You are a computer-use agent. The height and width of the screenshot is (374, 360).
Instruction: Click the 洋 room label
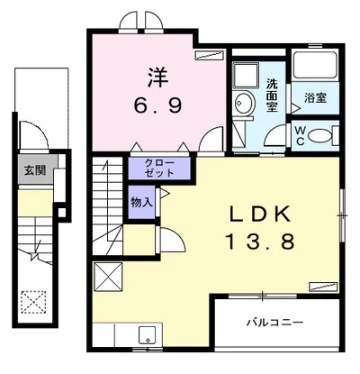(x=157, y=78)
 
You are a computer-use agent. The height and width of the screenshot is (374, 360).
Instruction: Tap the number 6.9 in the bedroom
(x=157, y=105)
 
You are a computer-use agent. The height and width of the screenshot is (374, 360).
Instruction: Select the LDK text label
(x=260, y=214)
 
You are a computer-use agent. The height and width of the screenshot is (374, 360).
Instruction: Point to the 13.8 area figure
(x=260, y=242)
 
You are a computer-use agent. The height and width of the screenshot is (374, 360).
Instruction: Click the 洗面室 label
(x=272, y=95)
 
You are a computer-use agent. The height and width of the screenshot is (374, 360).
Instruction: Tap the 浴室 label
(x=316, y=98)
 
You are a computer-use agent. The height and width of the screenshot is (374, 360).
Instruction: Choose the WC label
(x=300, y=136)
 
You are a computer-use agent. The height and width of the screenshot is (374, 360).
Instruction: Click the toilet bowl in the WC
(x=319, y=136)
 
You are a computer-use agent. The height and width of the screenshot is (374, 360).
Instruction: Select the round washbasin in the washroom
(x=244, y=103)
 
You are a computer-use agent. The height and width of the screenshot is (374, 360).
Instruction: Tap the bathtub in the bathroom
(x=315, y=66)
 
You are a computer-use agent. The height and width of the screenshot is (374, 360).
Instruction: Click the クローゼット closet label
(x=159, y=168)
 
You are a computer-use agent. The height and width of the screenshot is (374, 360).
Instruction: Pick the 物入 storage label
(x=142, y=203)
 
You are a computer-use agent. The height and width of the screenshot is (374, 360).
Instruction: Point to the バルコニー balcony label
(x=274, y=323)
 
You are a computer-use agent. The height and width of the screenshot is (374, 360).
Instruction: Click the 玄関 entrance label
(x=35, y=170)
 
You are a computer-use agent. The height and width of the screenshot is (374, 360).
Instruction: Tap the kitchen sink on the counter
(x=148, y=335)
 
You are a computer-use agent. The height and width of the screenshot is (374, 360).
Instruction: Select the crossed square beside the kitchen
(x=108, y=277)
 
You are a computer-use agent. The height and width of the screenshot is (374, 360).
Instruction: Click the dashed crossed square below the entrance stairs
(x=33, y=302)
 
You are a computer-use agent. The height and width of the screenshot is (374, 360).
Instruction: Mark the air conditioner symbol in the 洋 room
(x=210, y=56)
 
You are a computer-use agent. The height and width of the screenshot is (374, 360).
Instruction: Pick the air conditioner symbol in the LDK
(x=323, y=287)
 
